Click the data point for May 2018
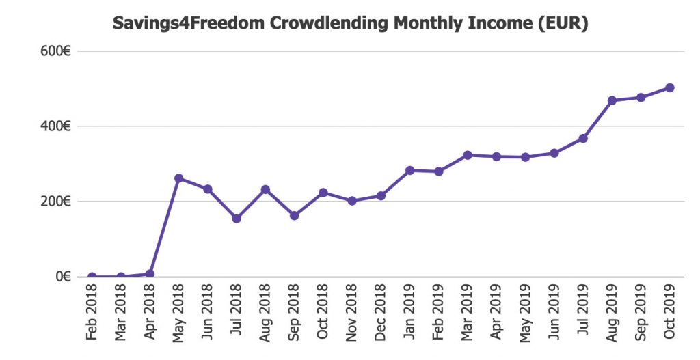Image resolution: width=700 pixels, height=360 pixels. click(x=178, y=178)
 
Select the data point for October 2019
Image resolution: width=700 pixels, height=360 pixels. click(x=670, y=87)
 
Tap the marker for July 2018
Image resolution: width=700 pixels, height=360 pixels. click(x=237, y=219)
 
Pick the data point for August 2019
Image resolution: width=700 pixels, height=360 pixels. click(x=612, y=100)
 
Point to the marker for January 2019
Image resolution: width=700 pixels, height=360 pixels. click(x=409, y=170)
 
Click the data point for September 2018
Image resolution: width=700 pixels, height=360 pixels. click(x=294, y=215)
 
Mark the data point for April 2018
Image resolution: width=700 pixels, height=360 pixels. click(x=150, y=274)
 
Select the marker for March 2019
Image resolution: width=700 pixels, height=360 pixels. click(x=468, y=155)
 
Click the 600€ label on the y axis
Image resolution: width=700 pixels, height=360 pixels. click(x=57, y=51)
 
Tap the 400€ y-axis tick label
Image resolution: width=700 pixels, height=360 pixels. click(x=57, y=126)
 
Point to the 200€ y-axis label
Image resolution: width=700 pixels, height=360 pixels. click(x=57, y=202)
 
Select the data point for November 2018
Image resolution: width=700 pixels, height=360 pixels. click(x=352, y=201)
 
